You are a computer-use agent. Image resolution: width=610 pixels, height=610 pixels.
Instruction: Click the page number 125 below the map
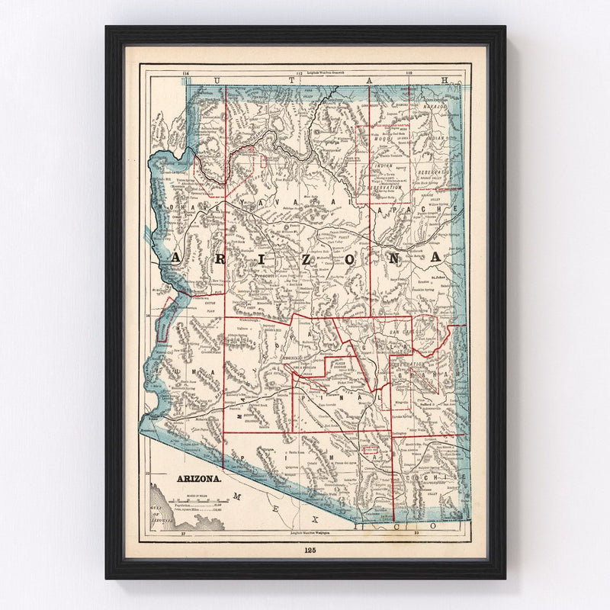point(309,549)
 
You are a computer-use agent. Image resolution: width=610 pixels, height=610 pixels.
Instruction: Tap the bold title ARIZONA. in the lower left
point(200,480)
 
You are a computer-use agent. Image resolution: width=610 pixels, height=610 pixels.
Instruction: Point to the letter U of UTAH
point(218,79)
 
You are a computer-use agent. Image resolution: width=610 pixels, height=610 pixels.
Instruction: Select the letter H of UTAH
point(445,79)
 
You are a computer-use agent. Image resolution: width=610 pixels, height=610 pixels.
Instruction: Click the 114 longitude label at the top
point(185,73)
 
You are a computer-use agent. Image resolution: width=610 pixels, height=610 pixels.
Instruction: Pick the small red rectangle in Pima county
point(371,451)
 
